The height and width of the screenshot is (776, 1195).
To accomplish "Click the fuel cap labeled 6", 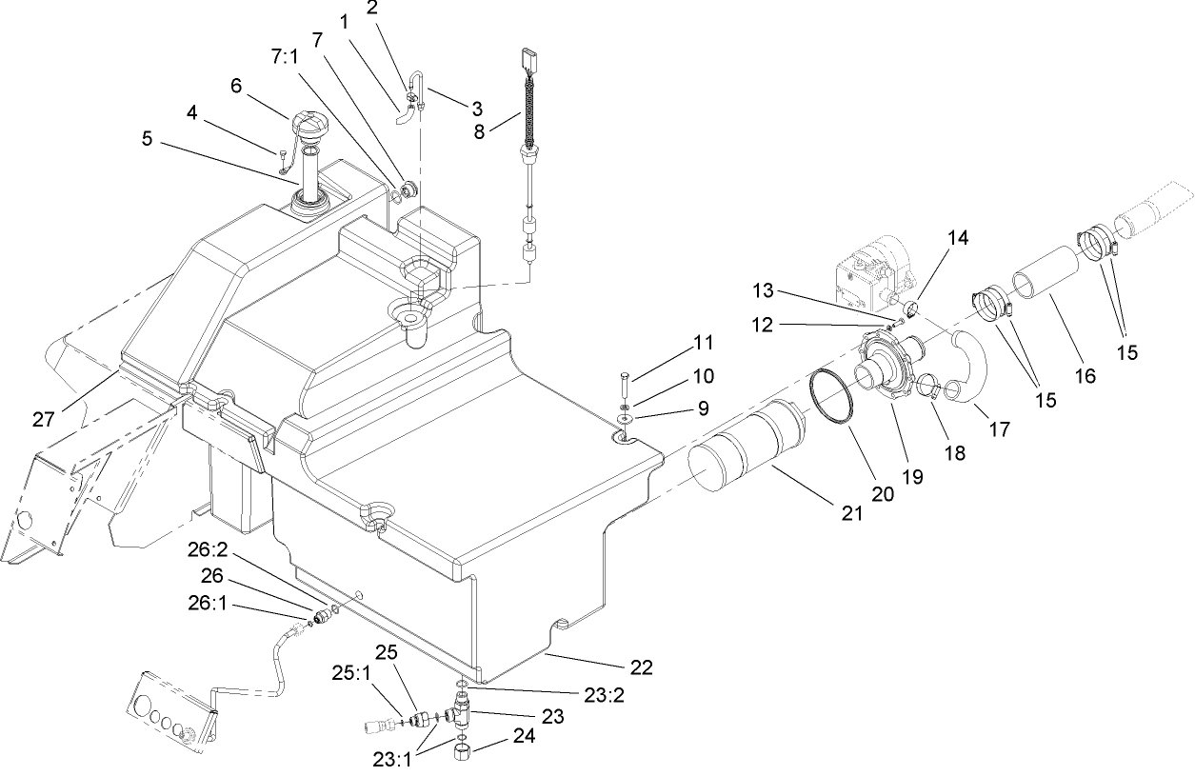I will pos(311,127).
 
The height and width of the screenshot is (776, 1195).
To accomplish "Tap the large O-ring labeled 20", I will pos(829,396).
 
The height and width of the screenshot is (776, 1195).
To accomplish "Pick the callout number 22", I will pos(642,667).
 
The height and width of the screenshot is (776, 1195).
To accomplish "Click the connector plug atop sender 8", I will pos(529,59).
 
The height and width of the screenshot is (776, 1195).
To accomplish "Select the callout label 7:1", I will pos(286,58).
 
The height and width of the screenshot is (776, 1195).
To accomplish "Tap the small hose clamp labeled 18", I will pos(929,388).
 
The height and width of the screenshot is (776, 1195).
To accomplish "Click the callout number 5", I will pos(147,137).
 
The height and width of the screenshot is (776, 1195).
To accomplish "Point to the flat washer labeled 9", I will pos(624,417).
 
